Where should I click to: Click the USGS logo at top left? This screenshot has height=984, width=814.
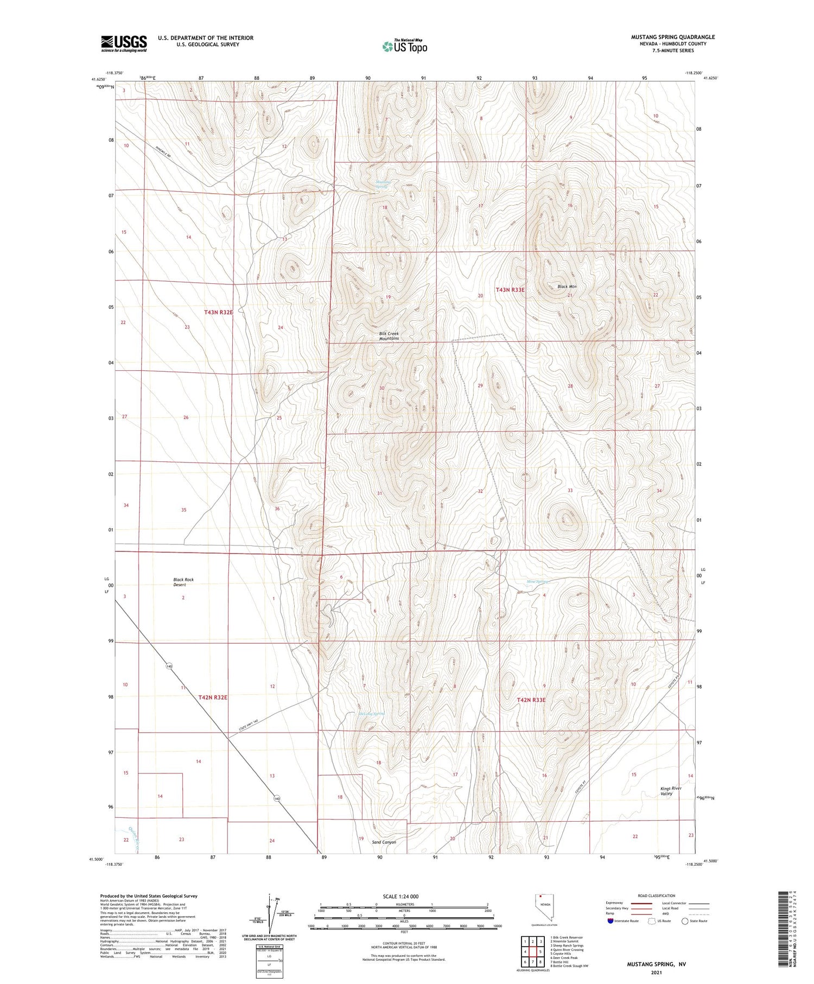124,43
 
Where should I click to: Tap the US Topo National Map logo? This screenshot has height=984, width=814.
404,46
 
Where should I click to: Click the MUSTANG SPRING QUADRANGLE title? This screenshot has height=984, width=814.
672,37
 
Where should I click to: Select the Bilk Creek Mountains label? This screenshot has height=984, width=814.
389,336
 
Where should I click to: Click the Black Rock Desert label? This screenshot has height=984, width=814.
183,582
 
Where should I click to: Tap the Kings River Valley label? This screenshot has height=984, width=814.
670,791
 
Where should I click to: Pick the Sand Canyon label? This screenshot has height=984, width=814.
384,842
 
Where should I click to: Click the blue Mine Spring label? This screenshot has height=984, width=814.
538,581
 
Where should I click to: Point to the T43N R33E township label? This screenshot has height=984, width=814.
510,290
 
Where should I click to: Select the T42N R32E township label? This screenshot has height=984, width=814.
212,697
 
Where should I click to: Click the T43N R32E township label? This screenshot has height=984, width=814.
219,312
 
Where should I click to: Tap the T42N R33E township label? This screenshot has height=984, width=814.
531,700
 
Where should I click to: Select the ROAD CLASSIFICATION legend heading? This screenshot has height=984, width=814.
657,896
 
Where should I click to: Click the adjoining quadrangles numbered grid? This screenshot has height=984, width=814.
533,952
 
